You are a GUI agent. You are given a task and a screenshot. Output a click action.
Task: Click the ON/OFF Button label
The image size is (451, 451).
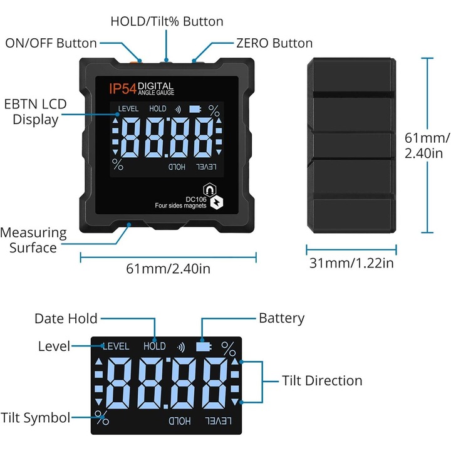(51, 43)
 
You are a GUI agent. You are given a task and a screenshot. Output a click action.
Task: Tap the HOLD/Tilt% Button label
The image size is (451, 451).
(167, 21)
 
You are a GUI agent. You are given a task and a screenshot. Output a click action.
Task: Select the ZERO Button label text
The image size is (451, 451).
(274, 43)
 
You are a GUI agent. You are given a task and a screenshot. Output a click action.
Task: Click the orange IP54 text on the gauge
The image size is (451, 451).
(122, 89)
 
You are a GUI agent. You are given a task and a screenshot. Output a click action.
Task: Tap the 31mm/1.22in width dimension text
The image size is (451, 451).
(351, 263)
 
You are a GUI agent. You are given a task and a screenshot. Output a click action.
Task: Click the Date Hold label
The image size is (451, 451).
(66, 319)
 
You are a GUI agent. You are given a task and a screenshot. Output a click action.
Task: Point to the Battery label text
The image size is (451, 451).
(281, 318)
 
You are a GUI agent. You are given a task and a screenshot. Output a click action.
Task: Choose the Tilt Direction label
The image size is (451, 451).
(322, 380)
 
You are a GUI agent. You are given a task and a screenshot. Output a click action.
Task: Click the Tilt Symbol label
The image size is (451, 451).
(35, 418)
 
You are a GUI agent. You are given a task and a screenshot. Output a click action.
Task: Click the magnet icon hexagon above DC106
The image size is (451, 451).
(207, 189)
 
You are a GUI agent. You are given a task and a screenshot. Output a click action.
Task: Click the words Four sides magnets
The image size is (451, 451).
(180, 206)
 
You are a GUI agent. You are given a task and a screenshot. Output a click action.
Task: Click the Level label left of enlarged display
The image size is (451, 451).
(53, 346)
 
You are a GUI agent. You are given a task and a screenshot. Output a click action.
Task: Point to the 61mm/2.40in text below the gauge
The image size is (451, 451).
(168, 269)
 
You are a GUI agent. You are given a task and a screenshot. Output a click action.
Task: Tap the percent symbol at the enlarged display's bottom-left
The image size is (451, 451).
(101, 416)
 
